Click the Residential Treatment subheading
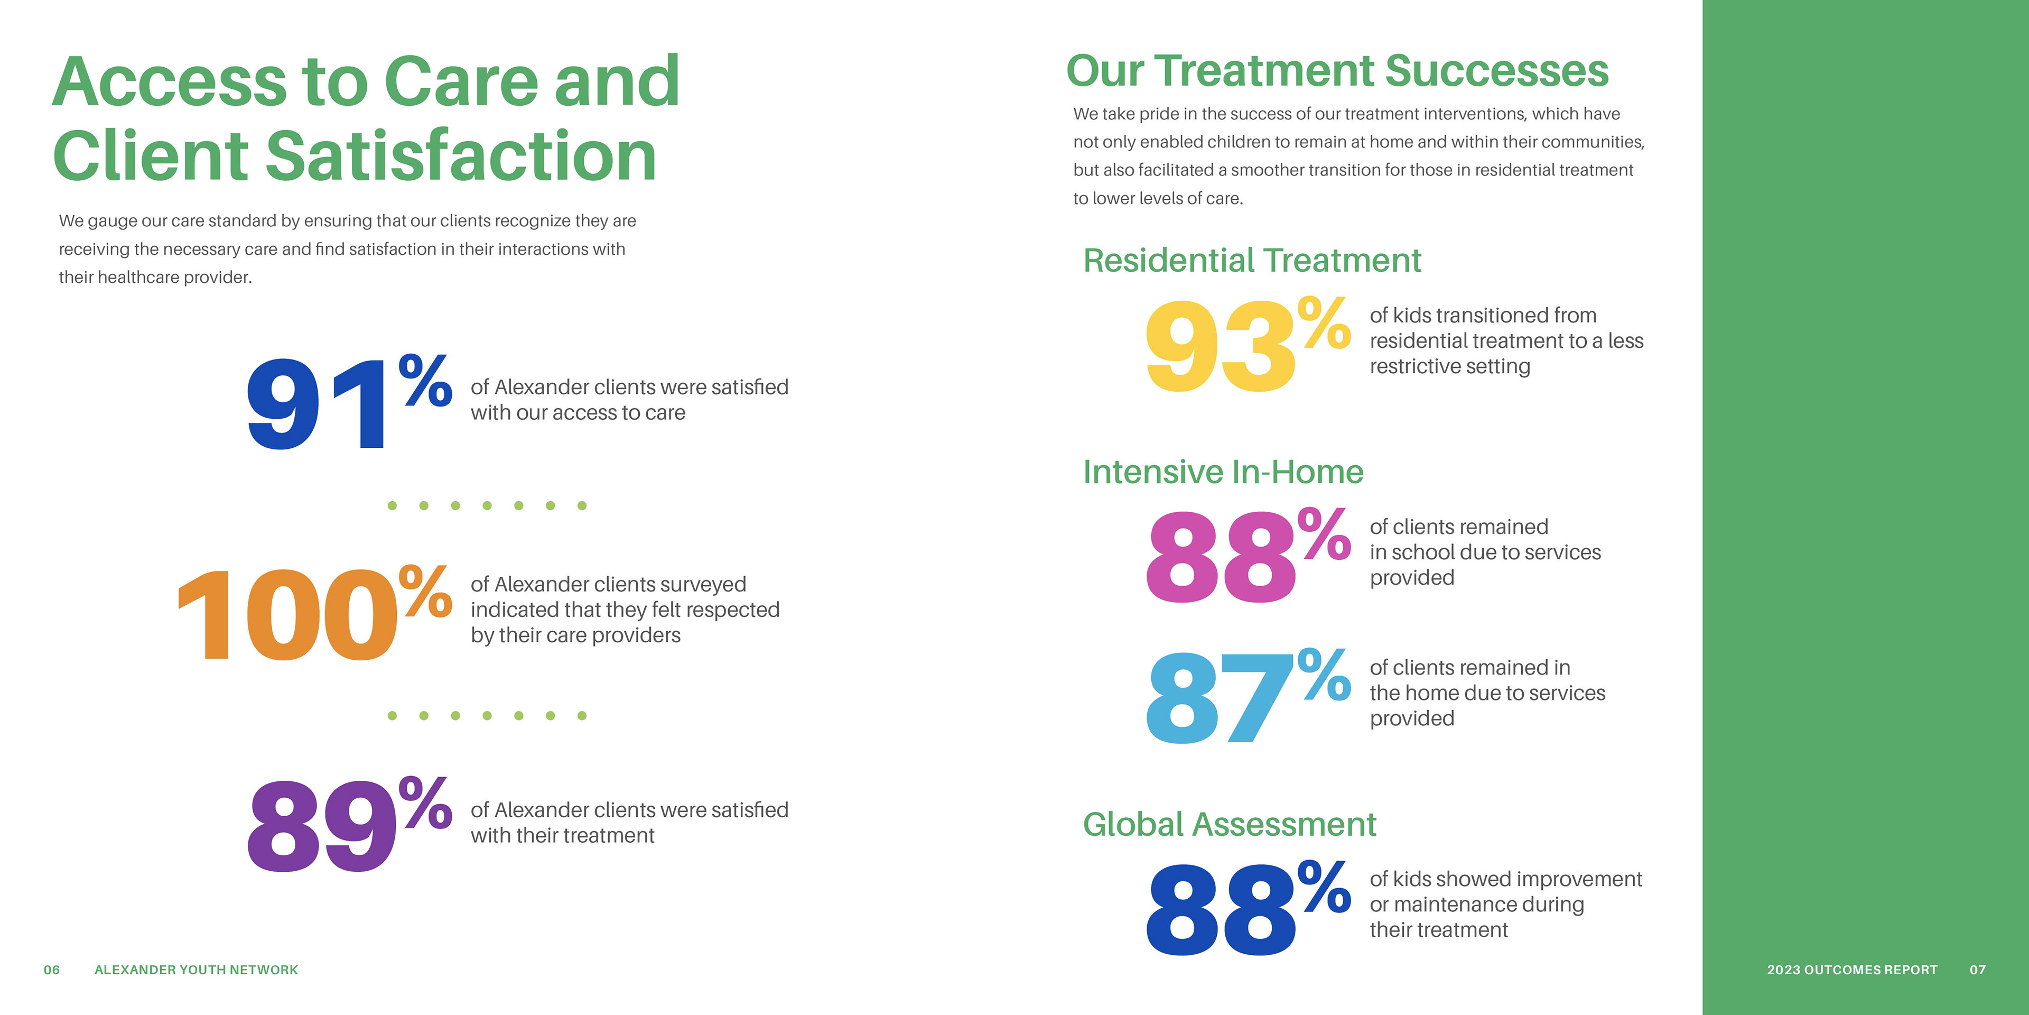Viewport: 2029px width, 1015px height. [1252, 260]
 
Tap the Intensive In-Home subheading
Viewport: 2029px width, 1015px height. [1223, 471]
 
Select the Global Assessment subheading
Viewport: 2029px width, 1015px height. [1230, 824]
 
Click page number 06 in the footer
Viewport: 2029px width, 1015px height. [51, 970]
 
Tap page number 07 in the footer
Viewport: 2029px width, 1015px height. [1978, 970]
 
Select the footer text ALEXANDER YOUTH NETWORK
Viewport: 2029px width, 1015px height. [196, 970]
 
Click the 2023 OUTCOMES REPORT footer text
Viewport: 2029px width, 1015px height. [1852, 970]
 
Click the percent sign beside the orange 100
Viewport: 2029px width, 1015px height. [425, 590]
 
